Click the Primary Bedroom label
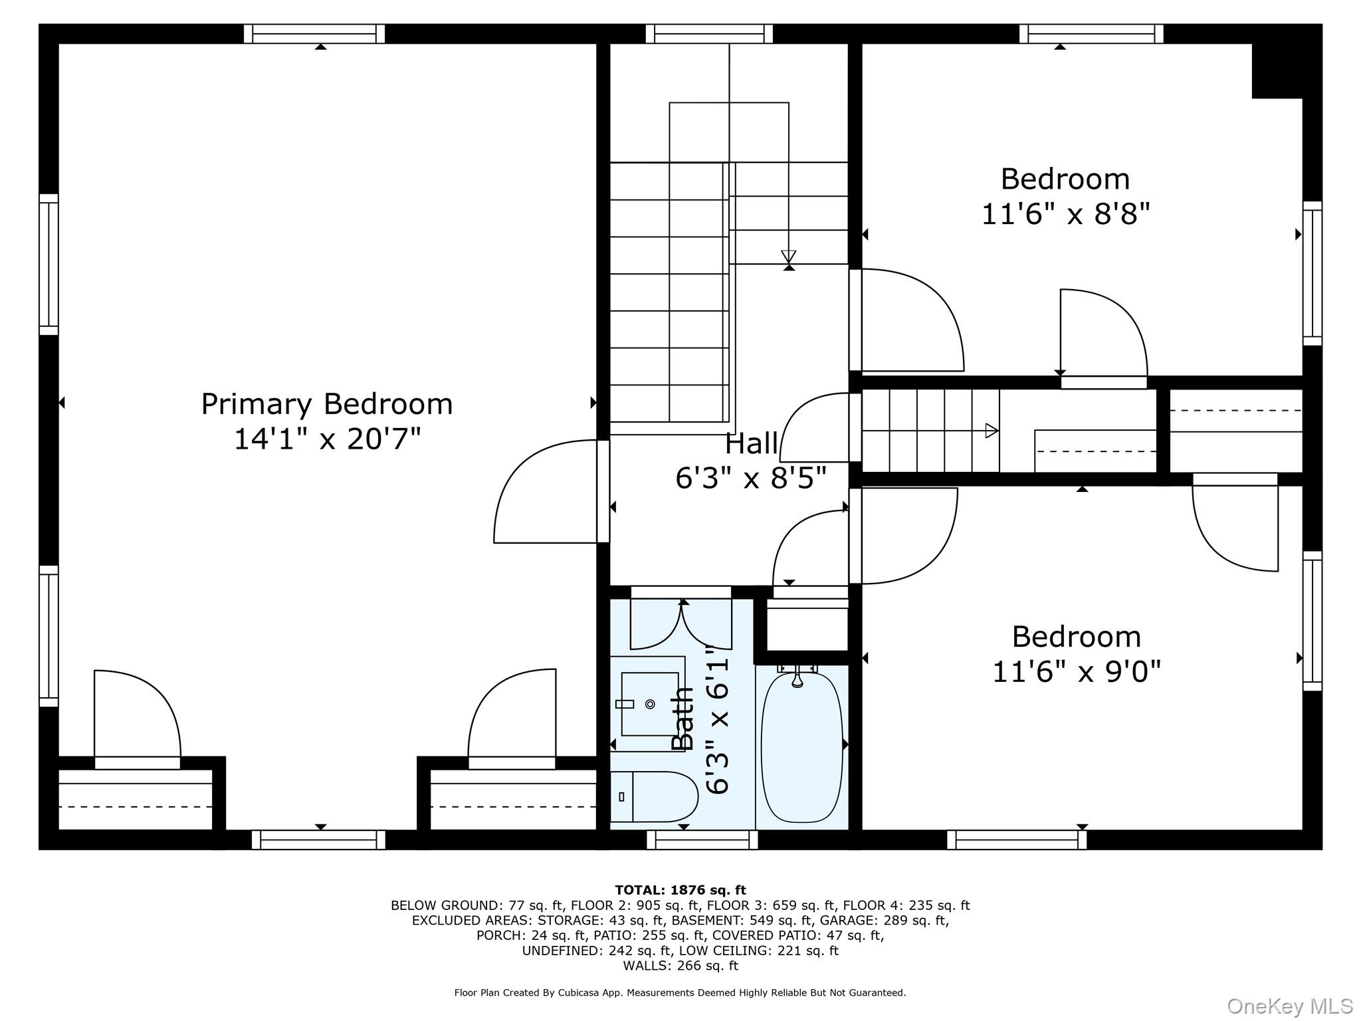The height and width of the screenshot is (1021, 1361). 327,404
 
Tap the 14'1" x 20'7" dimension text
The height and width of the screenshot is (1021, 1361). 327,439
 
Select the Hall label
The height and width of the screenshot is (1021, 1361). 751,444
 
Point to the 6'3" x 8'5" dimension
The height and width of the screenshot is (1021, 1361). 751,478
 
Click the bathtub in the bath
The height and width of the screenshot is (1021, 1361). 801,746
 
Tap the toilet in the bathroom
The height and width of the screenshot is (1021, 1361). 654,796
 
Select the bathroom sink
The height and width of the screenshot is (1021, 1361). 649,704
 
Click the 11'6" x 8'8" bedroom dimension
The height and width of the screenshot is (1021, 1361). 1065,214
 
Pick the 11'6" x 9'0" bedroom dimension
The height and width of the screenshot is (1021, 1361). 1076,672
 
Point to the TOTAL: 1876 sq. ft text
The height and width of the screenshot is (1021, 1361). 680,890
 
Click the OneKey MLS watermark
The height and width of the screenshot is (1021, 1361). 1290,1006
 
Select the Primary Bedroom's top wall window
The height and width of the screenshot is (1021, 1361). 314,34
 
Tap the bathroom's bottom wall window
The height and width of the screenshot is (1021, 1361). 702,840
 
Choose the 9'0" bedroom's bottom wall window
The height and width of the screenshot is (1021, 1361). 1017,840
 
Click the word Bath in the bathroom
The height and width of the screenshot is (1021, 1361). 682,719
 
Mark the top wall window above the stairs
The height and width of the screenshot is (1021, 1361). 709,34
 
